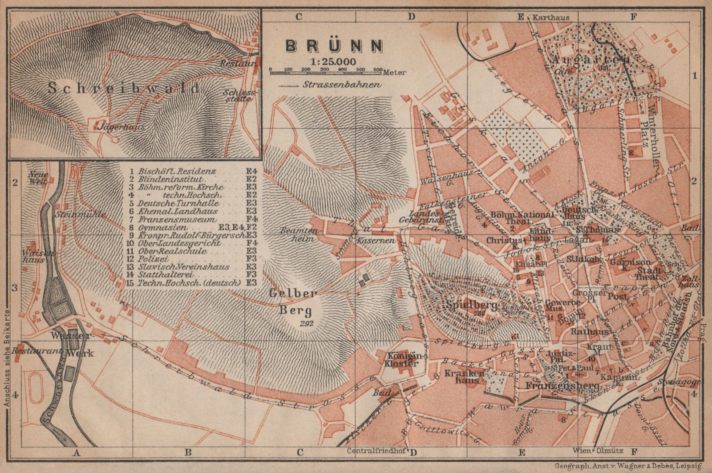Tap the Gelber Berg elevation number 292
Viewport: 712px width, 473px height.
pos(306,324)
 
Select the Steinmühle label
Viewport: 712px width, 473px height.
pos(81,214)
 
